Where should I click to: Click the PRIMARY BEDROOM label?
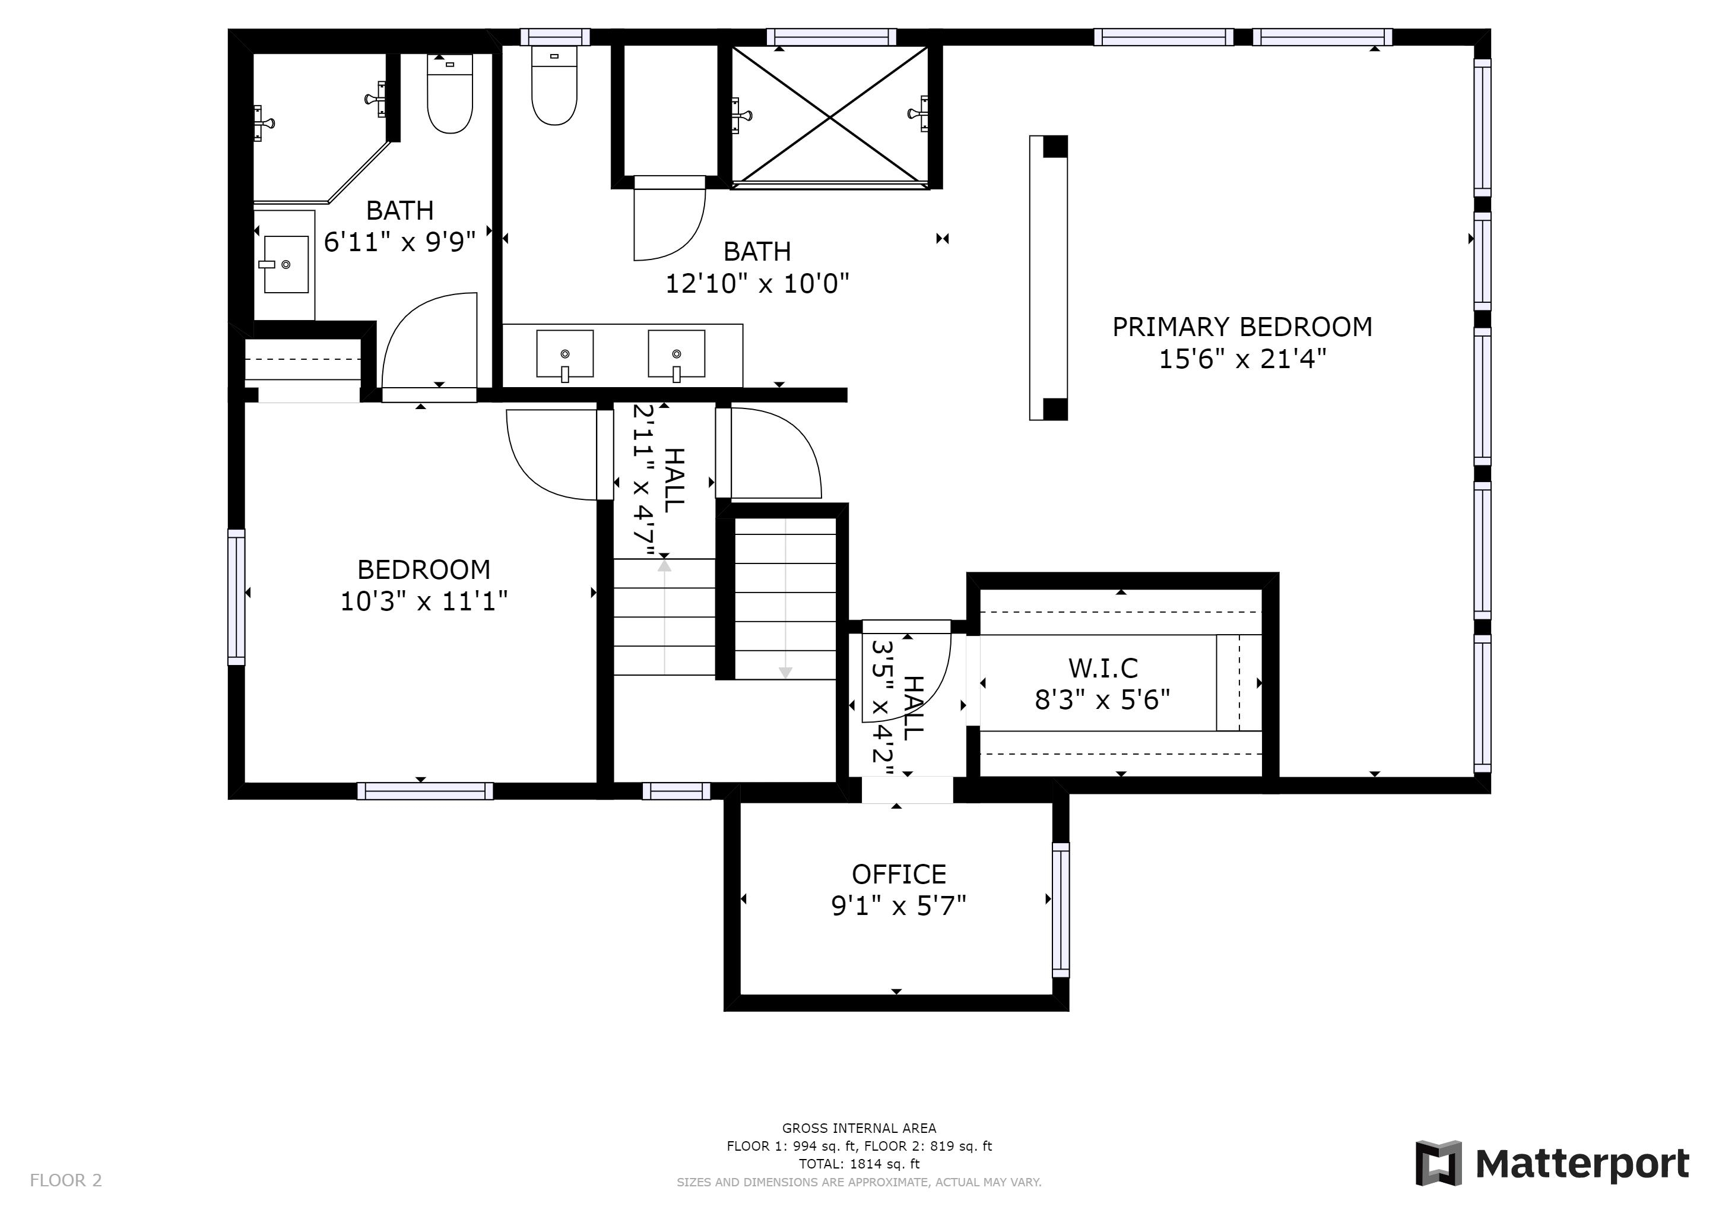[1242, 327]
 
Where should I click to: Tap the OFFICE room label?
[899, 875]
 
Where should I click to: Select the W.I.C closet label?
[1103, 668]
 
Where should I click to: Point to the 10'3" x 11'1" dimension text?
[424, 601]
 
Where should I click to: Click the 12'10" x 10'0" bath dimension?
[757, 284]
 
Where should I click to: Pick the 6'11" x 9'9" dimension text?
[400, 242]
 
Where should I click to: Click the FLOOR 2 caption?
[66, 1181]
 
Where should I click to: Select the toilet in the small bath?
[450, 94]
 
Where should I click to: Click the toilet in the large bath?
[554, 85]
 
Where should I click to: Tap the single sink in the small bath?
[286, 264]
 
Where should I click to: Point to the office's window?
[1061, 909]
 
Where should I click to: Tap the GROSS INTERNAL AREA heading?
[859, 1128]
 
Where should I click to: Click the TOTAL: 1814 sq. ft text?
[859, 1164]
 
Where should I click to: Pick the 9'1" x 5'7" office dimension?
[899, 906]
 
